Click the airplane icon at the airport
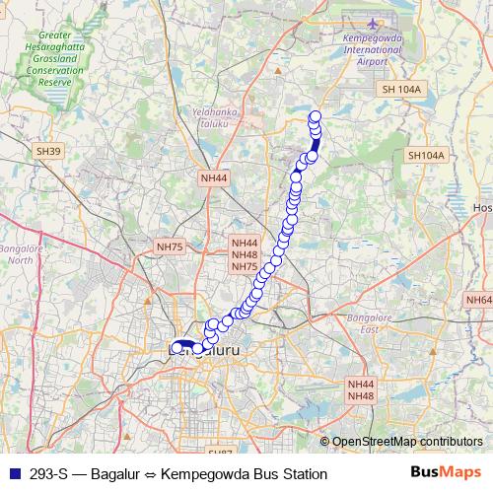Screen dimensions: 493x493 [x=374, y=24]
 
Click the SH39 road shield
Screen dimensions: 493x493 [x=48, y=151]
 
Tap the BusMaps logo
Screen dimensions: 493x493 [x=447, y=473]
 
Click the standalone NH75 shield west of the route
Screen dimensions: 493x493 [x=170, y=246]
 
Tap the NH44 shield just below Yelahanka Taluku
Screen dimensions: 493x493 [x=213, y=178]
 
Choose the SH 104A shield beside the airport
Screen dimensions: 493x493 [x=400, y=90]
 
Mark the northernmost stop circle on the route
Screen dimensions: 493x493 [x=316, y=116]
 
